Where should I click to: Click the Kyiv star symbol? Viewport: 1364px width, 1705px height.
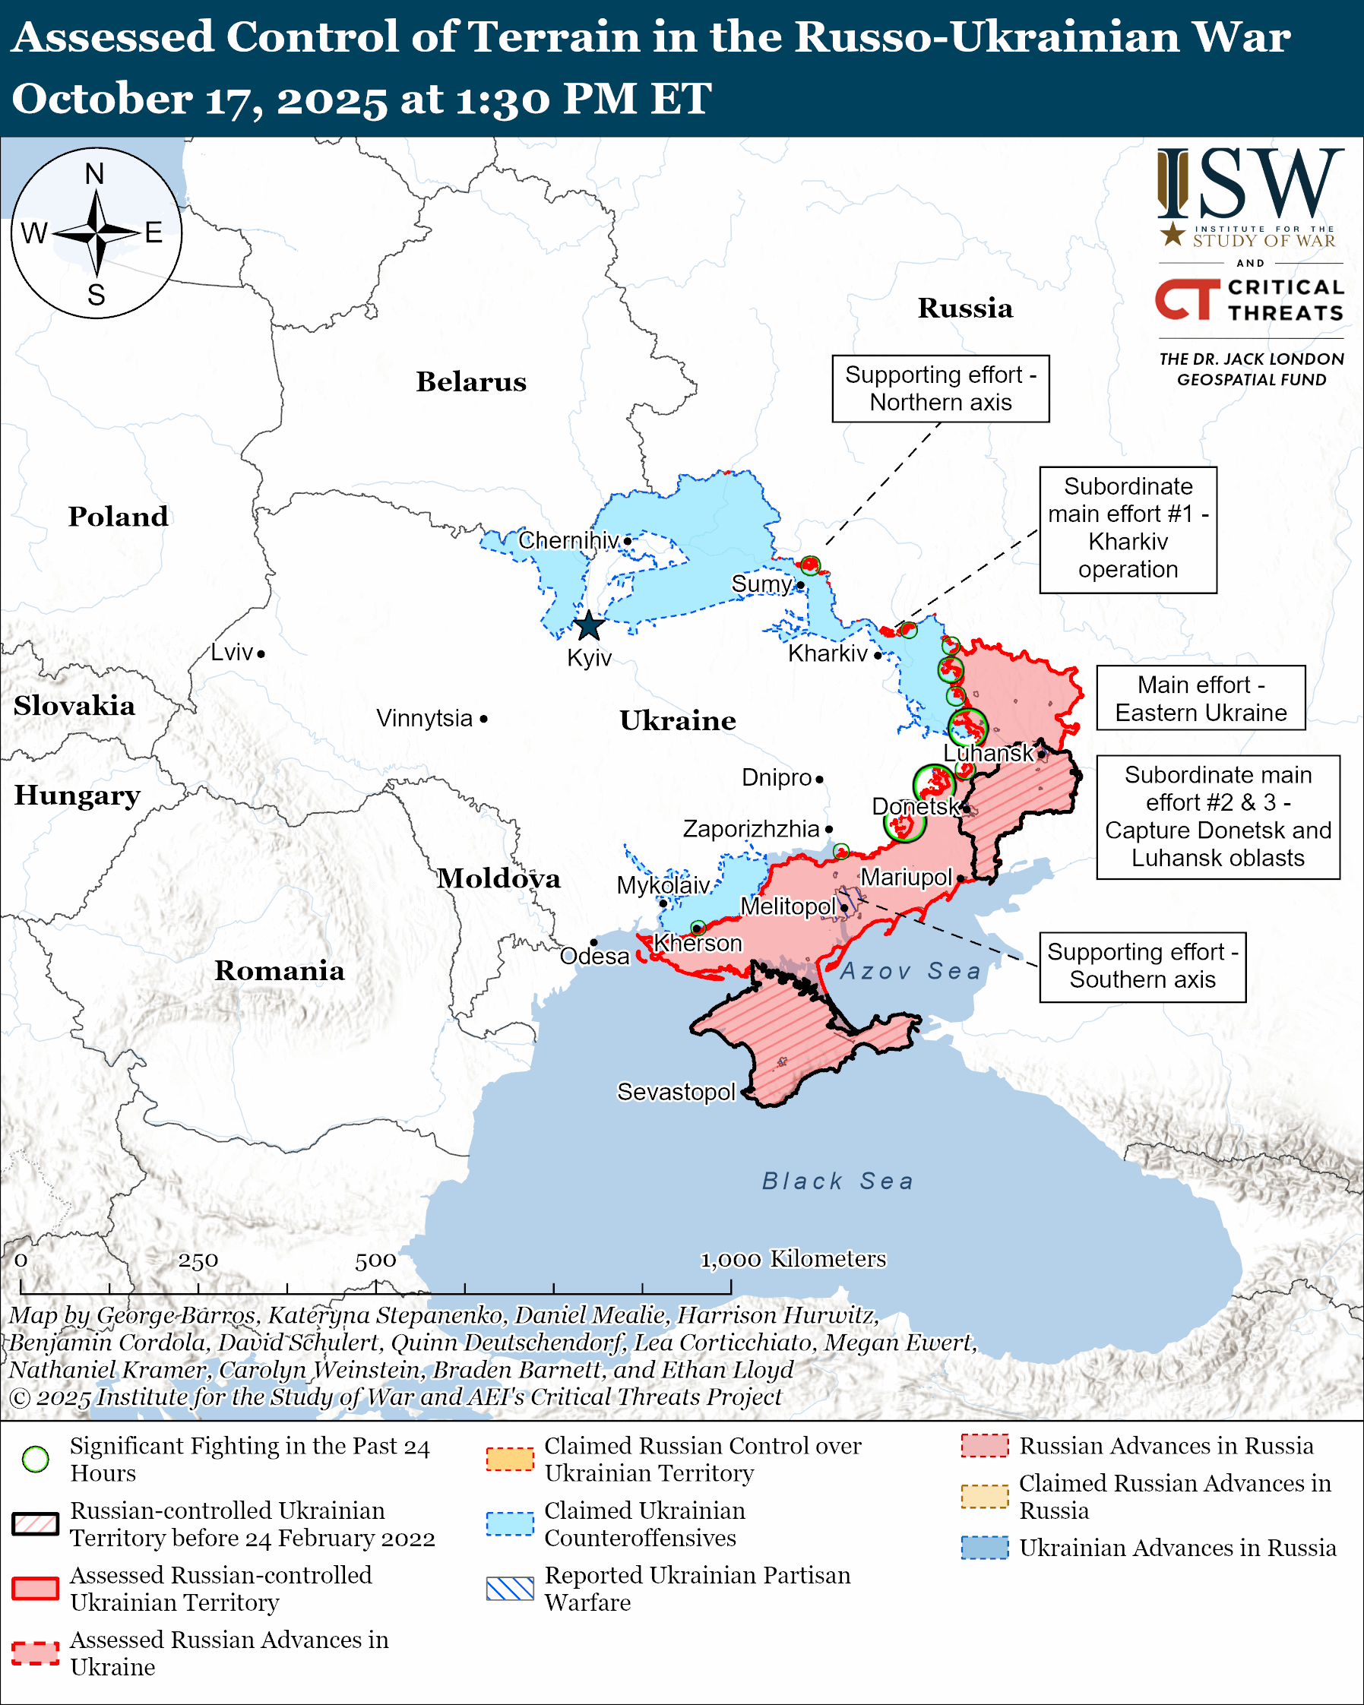[589, 626]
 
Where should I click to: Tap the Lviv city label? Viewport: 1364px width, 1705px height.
[232, 653]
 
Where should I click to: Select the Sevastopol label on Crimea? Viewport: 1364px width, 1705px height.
[676, 1092]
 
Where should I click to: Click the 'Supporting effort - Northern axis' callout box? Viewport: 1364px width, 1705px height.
[940, 388]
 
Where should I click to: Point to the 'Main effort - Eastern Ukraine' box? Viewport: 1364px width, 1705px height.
[1201, 698]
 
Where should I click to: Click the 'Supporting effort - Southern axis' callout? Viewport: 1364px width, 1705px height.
[1142, 966]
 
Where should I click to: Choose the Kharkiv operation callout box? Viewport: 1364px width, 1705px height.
[1128, 529]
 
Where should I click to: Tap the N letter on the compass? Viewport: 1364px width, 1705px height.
[95, 174]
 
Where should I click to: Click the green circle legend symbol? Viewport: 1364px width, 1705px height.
[36, 1459]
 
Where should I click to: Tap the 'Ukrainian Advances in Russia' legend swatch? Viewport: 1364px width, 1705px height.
[985, 1548]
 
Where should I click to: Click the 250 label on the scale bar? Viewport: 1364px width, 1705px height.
[198, 1261]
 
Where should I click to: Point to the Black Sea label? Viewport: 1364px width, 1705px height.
[837, 1181]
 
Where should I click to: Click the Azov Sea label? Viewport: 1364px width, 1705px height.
[910, 971]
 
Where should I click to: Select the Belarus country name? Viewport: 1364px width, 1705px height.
[471, 382]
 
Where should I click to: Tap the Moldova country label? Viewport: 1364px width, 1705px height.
[499, 878]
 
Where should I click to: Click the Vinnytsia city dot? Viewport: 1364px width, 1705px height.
[484, 719]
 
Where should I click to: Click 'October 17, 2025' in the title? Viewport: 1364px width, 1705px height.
[198, 100]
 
